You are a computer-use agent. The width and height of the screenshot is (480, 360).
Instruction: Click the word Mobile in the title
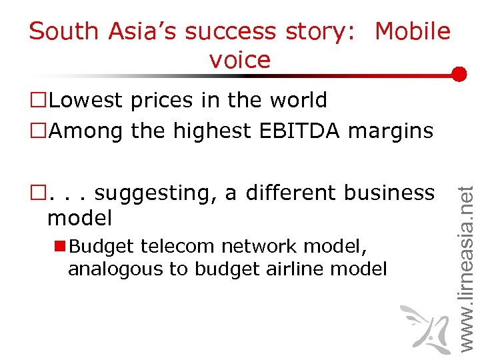413,31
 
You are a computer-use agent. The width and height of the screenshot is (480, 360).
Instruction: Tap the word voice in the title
240,60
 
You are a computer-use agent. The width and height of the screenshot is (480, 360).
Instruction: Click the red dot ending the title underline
459,74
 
